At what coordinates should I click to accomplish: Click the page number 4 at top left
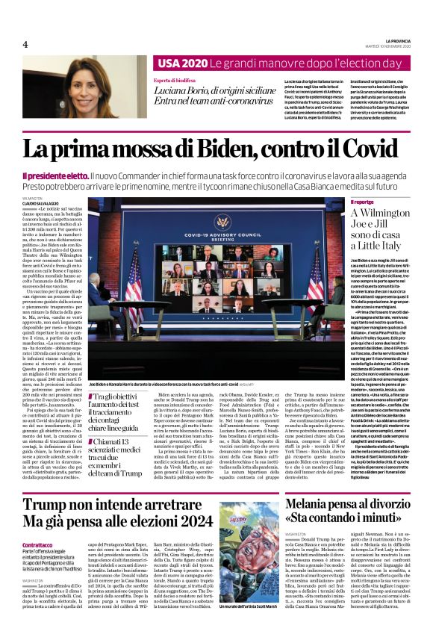[x=25, y=44]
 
